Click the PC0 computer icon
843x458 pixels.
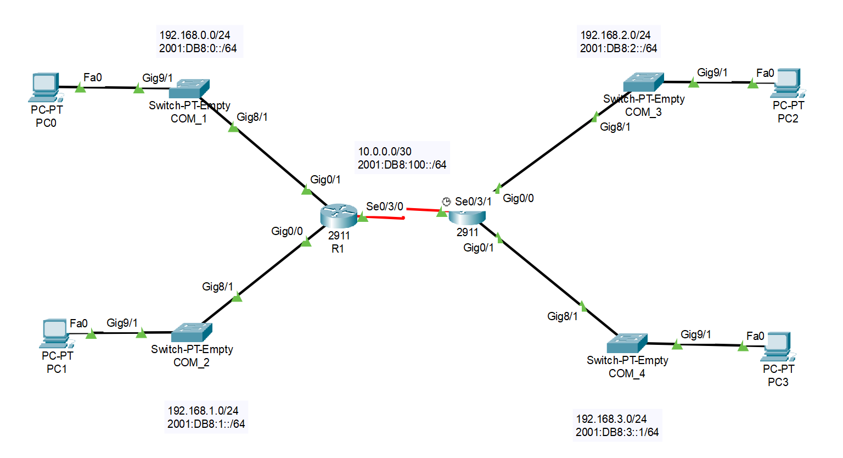45,87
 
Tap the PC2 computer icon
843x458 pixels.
787,82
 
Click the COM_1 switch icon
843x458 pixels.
189,88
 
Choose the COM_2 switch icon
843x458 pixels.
192,332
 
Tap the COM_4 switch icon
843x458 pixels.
627,343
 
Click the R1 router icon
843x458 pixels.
339,216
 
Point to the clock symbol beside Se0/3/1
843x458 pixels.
446,202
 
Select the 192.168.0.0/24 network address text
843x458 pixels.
195,35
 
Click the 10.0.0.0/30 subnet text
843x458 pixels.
385,152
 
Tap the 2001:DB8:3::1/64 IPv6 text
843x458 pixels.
617,432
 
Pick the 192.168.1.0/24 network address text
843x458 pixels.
203,411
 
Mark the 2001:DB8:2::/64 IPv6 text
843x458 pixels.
619,48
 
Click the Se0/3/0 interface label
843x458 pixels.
385,206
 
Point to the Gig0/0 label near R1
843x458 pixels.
287,231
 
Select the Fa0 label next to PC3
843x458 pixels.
755,336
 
